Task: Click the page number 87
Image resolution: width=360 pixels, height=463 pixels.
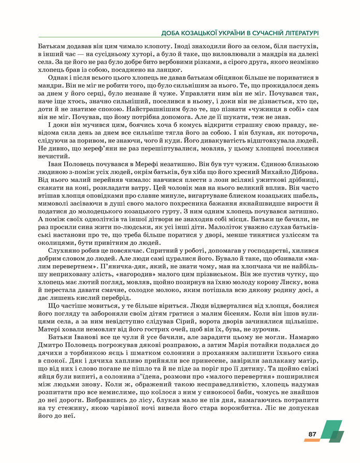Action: [x=312, y=434]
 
